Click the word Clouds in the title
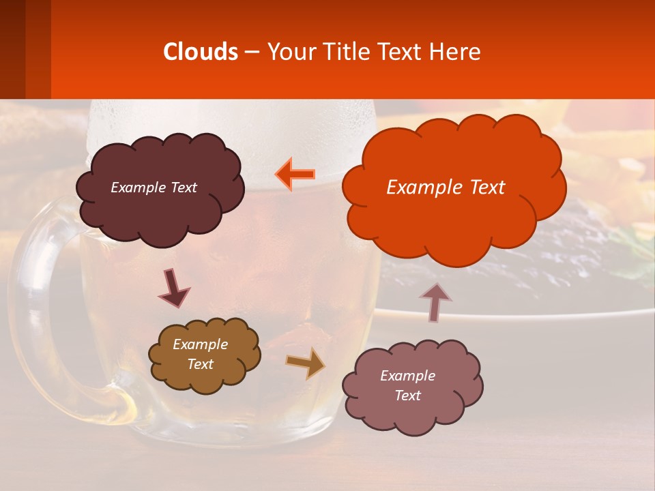[200, 52]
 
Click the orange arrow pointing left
[295, 174]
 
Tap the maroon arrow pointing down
[174, 288]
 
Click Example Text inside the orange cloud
[446, 188]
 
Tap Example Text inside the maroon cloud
[154, 188]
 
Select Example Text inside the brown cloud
[201, 355]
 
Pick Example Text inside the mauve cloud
[408, 386]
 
